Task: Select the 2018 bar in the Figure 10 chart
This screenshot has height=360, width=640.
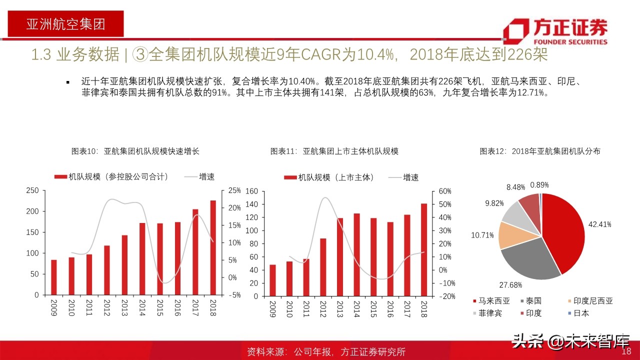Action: coord(213,247)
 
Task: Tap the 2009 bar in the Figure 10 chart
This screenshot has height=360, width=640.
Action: coord(54,277)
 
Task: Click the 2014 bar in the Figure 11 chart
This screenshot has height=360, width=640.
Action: coord(356,254)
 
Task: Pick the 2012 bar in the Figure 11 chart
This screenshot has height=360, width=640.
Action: coord(323,267)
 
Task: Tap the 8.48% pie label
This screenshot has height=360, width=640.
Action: coord(515,187)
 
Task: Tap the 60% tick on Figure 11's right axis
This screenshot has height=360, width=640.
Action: coord(445,191)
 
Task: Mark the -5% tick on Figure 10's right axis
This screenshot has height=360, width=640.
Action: coord(234,295)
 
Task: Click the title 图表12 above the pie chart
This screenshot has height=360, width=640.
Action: coord(539,151)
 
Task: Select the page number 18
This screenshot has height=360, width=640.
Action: coord(626,351)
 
